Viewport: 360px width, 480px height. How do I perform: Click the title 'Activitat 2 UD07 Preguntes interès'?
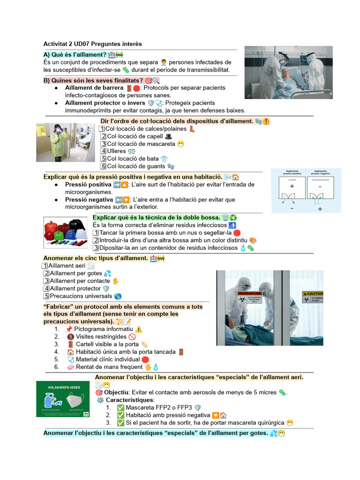pyautogui.click(x=92, y=44)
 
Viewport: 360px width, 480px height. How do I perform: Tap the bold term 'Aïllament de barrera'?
pyautogui.click(x=94, y=88)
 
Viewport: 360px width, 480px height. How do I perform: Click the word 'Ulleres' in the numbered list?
pyautogui.click(x=116, y=151)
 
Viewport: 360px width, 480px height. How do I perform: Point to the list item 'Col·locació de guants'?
pyautogui.click(x=136, y=166)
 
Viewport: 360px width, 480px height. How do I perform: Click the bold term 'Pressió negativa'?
pyautogui.click(x=89, y=199)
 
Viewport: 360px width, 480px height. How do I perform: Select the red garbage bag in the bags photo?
pyautogui.click(x=52, y=230)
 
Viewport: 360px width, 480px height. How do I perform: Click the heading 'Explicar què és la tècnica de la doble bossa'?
pyautogui.click(x=156, y=217)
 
